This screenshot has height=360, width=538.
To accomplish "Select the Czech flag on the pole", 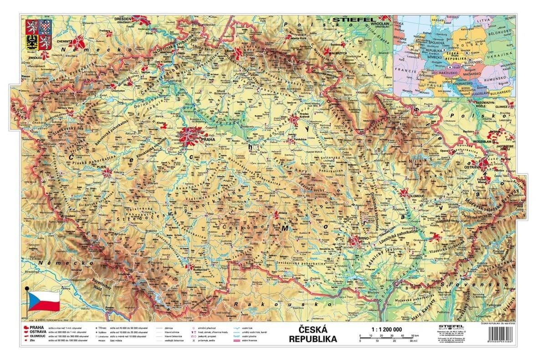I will point(44,301).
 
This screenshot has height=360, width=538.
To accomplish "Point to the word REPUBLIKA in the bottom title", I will point(313,339).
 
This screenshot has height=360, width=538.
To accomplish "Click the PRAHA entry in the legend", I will point(37,327).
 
